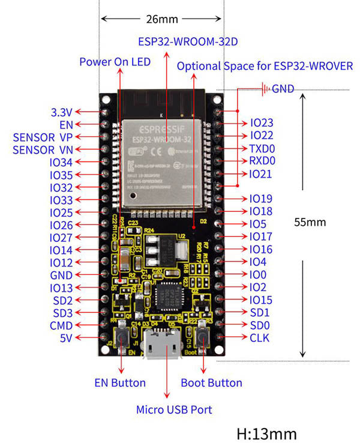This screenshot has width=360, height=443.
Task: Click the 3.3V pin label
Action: pyautogui.click(x=62, y=112)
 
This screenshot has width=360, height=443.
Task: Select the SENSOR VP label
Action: pyautogui.click(x=42, y=137)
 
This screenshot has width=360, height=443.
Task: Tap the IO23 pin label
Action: pyautogui.click(x=262, y=123)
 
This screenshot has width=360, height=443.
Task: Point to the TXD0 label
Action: pyautogui.click(x=262, y=148)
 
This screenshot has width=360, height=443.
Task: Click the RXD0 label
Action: pyautogui.click(x=262, y=161)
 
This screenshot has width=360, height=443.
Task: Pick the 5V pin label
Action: pyautogui.click(x=67, y=338)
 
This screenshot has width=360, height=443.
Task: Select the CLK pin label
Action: pyautogui.click(x=259, y=338)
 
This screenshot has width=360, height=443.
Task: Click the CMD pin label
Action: pyautogui.click(x=61, y=325)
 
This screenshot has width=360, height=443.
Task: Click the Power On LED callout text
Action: pyautogui.click(x=115, y=62)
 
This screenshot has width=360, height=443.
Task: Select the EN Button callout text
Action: pyautogui.click(x=120, y=382)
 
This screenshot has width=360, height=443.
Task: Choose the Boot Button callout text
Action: pyautogui.click(x=211, y=382)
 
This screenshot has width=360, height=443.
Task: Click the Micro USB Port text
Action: pyautogui.click(x=173, y=410)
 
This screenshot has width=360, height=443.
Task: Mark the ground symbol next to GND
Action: pyautogui.click(x=264, y=89)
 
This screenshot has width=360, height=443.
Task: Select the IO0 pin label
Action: pyautogui.click(x=258, y=274)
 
